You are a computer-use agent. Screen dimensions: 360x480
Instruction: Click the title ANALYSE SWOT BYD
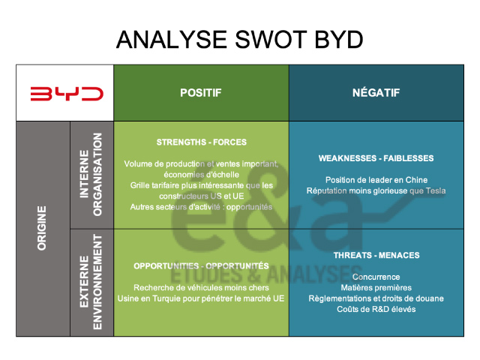[x=240, y=40]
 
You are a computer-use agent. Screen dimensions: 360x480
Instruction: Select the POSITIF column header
[x=201, y=93]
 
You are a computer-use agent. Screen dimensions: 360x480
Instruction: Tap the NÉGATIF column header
[x=376, y=93]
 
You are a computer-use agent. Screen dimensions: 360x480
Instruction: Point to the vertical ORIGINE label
[x=42, y=228]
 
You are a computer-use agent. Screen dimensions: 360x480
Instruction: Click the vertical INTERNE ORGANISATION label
[x=91, y=174]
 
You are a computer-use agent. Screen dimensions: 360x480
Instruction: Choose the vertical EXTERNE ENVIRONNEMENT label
[x=91, y=282]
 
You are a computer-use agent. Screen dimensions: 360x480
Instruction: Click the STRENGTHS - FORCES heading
[x=201, y=142]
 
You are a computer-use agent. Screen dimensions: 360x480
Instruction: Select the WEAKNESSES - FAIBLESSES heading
[x=376, y=158]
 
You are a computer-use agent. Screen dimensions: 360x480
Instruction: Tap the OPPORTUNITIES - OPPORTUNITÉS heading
[x=201, y=265]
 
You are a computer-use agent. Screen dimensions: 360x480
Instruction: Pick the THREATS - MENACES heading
[x=376, y=255]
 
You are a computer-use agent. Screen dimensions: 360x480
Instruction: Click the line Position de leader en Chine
[x=376, y=180]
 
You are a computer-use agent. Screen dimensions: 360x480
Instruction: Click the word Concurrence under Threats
[x=376, y=277]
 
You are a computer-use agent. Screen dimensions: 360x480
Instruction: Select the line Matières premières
[x=376, y=287]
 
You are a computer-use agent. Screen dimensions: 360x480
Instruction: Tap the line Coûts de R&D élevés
[x=376, y=308]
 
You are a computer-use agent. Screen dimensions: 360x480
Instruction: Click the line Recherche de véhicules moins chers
[x=201, y=287]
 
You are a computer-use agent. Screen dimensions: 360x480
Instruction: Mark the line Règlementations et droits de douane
[x=376, y=298]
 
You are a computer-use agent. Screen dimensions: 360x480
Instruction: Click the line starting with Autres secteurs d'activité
[x=201, y=206]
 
